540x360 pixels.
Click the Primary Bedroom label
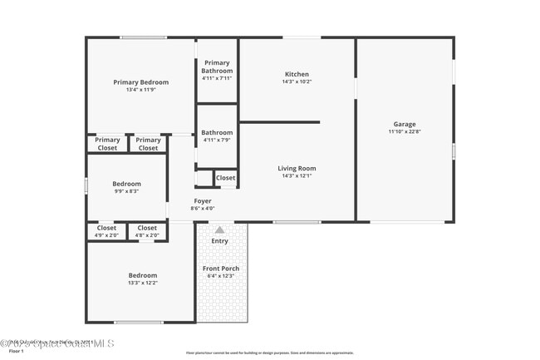point(140,82)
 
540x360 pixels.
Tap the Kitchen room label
point(297,75)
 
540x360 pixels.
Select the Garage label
point(405,124)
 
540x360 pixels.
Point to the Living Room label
point(297,169)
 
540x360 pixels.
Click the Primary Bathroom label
point(217,67)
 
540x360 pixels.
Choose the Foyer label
point(202,201)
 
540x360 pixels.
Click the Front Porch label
point(221,269)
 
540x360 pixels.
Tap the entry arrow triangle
point(219,230)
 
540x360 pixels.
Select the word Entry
point(219,241)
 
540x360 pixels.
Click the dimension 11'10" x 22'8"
point(405,131)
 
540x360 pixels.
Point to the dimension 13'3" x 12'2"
point(142,283)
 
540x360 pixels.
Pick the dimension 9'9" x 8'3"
point(127,191)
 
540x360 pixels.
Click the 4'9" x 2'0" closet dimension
point(106,235)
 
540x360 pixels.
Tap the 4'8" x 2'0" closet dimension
point(147,235)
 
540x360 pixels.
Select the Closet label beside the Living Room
point(225,178)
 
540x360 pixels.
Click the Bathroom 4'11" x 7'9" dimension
point(217,140)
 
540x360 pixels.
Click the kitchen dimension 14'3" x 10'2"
point(297,82)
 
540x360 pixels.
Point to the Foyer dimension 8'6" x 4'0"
point(202,209)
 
